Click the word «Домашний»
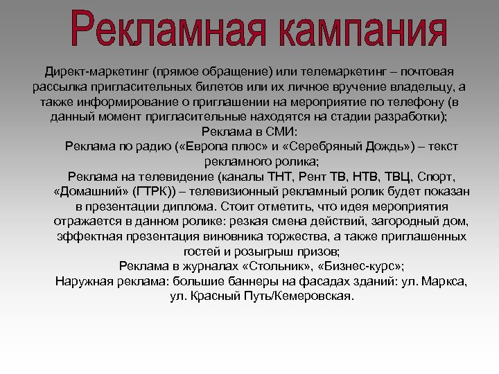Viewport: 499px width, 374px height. tap(91, 191)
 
